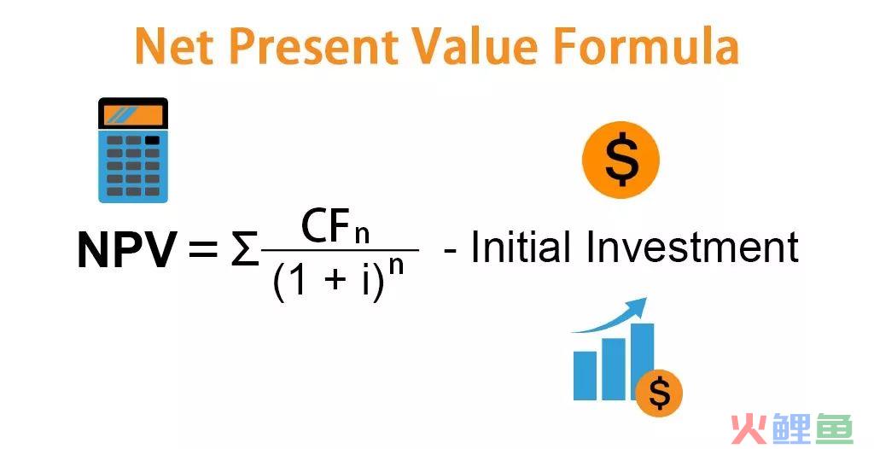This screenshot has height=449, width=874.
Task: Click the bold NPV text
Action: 127,249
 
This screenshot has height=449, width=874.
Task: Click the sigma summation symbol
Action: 245,250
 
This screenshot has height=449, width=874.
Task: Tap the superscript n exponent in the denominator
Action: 396,266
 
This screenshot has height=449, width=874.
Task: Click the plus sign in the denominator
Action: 335,279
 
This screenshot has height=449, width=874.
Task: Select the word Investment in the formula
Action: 692,247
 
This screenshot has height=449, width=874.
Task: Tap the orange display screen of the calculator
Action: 133,115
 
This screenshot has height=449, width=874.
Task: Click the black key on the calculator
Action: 152,141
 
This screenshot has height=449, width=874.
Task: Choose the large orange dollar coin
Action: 621,160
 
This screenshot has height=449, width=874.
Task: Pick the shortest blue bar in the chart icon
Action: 585,375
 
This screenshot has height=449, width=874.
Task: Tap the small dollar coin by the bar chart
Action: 660,394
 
